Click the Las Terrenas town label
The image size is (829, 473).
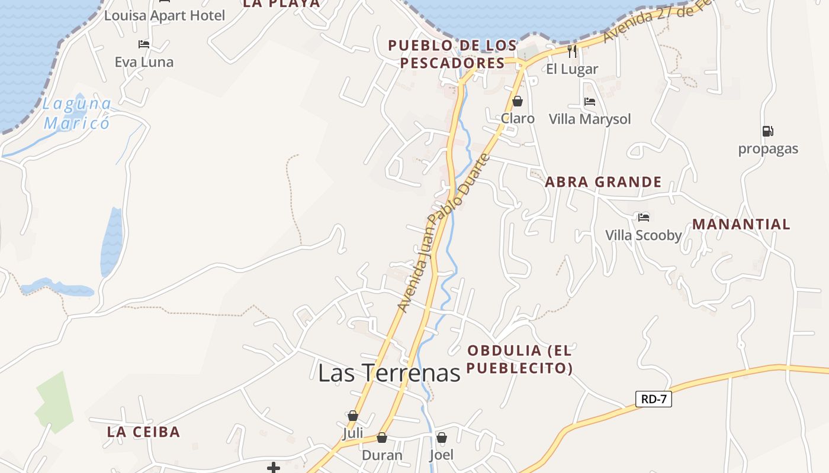[x=389, y=373]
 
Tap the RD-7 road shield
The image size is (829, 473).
[x=654, y=399]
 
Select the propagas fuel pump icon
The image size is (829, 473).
[x=767, y=131]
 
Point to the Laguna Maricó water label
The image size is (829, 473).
[x=77, y=114]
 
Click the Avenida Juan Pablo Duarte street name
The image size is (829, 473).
[x=444, y=232]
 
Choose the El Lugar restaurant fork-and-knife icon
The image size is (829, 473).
[x=572, y=51]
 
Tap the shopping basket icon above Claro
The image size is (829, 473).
[x=518, y=101]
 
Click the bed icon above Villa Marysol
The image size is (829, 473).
[x=589, y=102]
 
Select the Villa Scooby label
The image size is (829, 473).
[x=644, y=235]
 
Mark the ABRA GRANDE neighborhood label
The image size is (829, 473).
[x=603, y=182]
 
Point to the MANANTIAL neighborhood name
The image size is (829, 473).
[x=741, y=225]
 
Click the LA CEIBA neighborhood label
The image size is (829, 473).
[x=143, y=432]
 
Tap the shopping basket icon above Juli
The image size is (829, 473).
[x=353, y=416]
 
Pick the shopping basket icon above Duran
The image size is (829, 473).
[x=382, y=438]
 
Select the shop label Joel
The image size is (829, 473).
[x=441, y=455]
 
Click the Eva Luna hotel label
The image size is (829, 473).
[x=144, y=62]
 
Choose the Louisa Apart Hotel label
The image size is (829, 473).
[x=165, y=15]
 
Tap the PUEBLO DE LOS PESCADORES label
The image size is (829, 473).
[x=452, y=54]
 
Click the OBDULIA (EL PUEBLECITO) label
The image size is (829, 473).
[x=519, y=359]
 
